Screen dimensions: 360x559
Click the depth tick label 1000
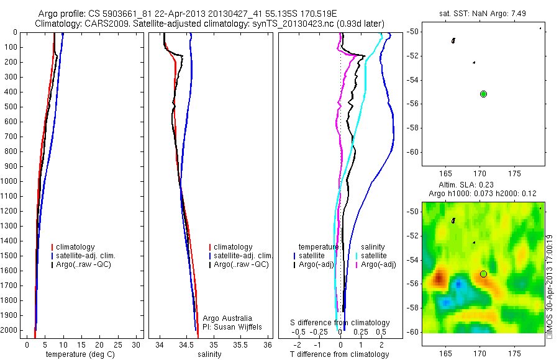pyautogui.click(x=9, y=181)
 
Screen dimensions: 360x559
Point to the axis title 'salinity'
pyautogui.click(x=209, y=354)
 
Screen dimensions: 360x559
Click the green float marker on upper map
pyautogui.click(x=483, y=94)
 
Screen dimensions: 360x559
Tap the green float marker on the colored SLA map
pyautogui.click(x=483, y=274)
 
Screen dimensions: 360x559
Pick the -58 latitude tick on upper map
pyautogui.click(x=412, y=128)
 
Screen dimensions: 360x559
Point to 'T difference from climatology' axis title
pyautogui.click(x=339, y=354)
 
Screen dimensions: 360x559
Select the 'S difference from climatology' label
pyautogui.click(x=340, y=323)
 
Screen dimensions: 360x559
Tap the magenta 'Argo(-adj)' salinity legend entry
pyautogui.click(x=378, y=264)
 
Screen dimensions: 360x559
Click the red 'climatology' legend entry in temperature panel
pyautogui.click(x=75, y=247)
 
